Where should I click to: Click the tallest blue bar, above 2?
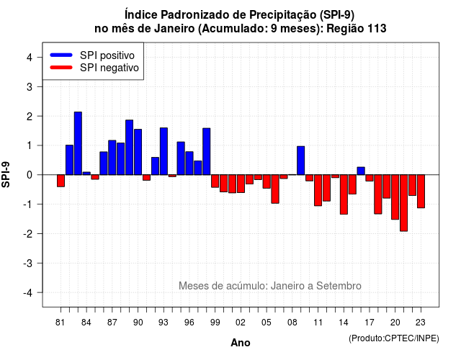(78, 143)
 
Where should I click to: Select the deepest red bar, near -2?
(403, 203)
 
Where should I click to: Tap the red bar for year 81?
(61, 181)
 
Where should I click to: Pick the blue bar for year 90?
(138, 152)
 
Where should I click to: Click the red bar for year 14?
(344, 194)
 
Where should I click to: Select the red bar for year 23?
(421, 192)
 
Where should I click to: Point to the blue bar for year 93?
(164, 151)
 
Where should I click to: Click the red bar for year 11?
(318, 190)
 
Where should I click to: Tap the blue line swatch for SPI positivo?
(61, 55)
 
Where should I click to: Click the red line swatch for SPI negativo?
(61, 67)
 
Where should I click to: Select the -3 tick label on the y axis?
(28, 263)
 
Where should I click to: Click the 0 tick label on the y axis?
(30, 175)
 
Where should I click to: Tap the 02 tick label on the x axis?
(241, 323)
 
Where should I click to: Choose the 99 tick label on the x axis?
(215, 323)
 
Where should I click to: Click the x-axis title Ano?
(241, 343)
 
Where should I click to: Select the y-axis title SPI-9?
(6, 174)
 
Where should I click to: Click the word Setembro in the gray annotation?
(339, 286)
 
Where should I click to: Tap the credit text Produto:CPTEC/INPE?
(394, 338)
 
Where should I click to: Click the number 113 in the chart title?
(377, 29)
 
